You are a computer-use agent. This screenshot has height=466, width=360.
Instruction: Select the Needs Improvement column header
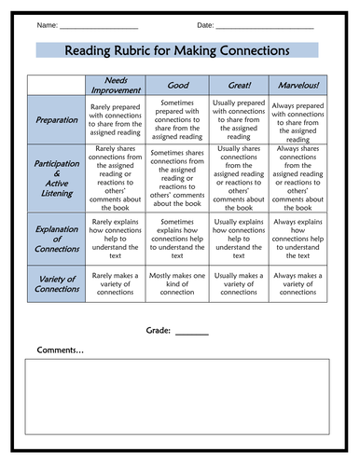117,84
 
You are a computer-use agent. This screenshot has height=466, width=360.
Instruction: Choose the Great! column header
240,85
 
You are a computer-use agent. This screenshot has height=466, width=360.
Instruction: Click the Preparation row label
57,119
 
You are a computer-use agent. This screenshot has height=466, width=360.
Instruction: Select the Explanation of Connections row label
57,238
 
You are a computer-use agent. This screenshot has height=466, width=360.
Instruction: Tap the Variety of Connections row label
57,282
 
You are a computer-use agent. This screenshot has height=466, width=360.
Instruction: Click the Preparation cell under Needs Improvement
117,119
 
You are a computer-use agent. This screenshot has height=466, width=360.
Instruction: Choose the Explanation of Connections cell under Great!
240,238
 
